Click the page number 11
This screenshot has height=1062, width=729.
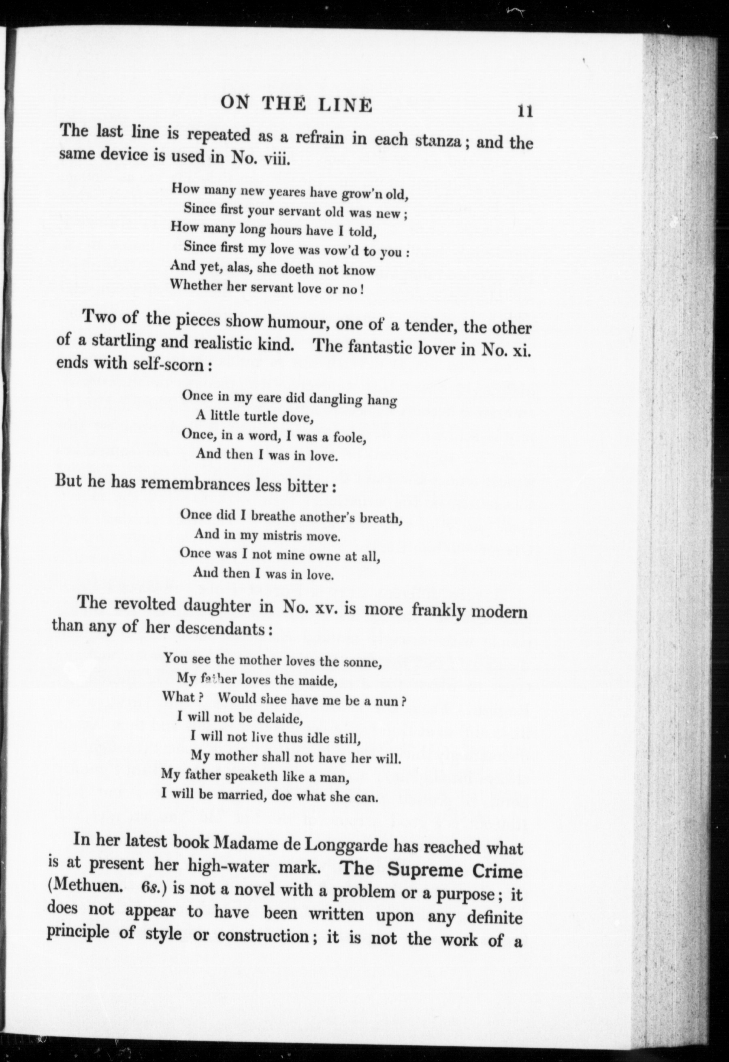pos(525,111)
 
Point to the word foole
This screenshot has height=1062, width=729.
pos(350,438)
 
